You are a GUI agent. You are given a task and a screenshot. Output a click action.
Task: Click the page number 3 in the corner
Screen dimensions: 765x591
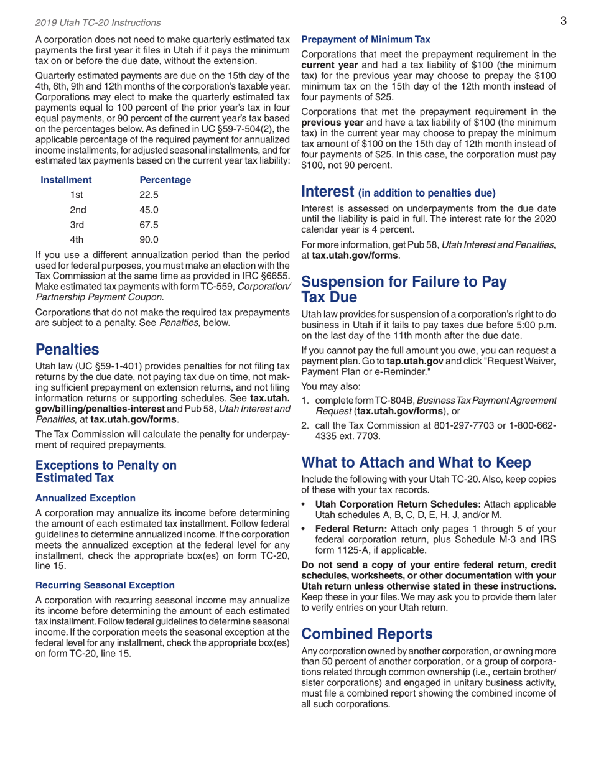pos(562,22)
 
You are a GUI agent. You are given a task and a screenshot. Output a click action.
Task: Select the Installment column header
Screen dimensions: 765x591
pos(66,180)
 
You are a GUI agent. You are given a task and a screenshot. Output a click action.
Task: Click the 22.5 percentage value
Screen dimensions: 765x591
pos(150,195)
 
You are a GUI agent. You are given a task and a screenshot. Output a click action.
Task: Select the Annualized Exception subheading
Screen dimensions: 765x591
pos(85,498)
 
